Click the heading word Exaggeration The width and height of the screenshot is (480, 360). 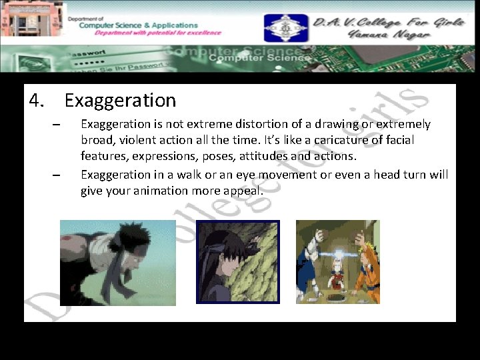point(120,101)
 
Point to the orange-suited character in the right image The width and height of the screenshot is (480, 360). point(365,270)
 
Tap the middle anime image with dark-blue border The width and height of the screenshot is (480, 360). point(238,262)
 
